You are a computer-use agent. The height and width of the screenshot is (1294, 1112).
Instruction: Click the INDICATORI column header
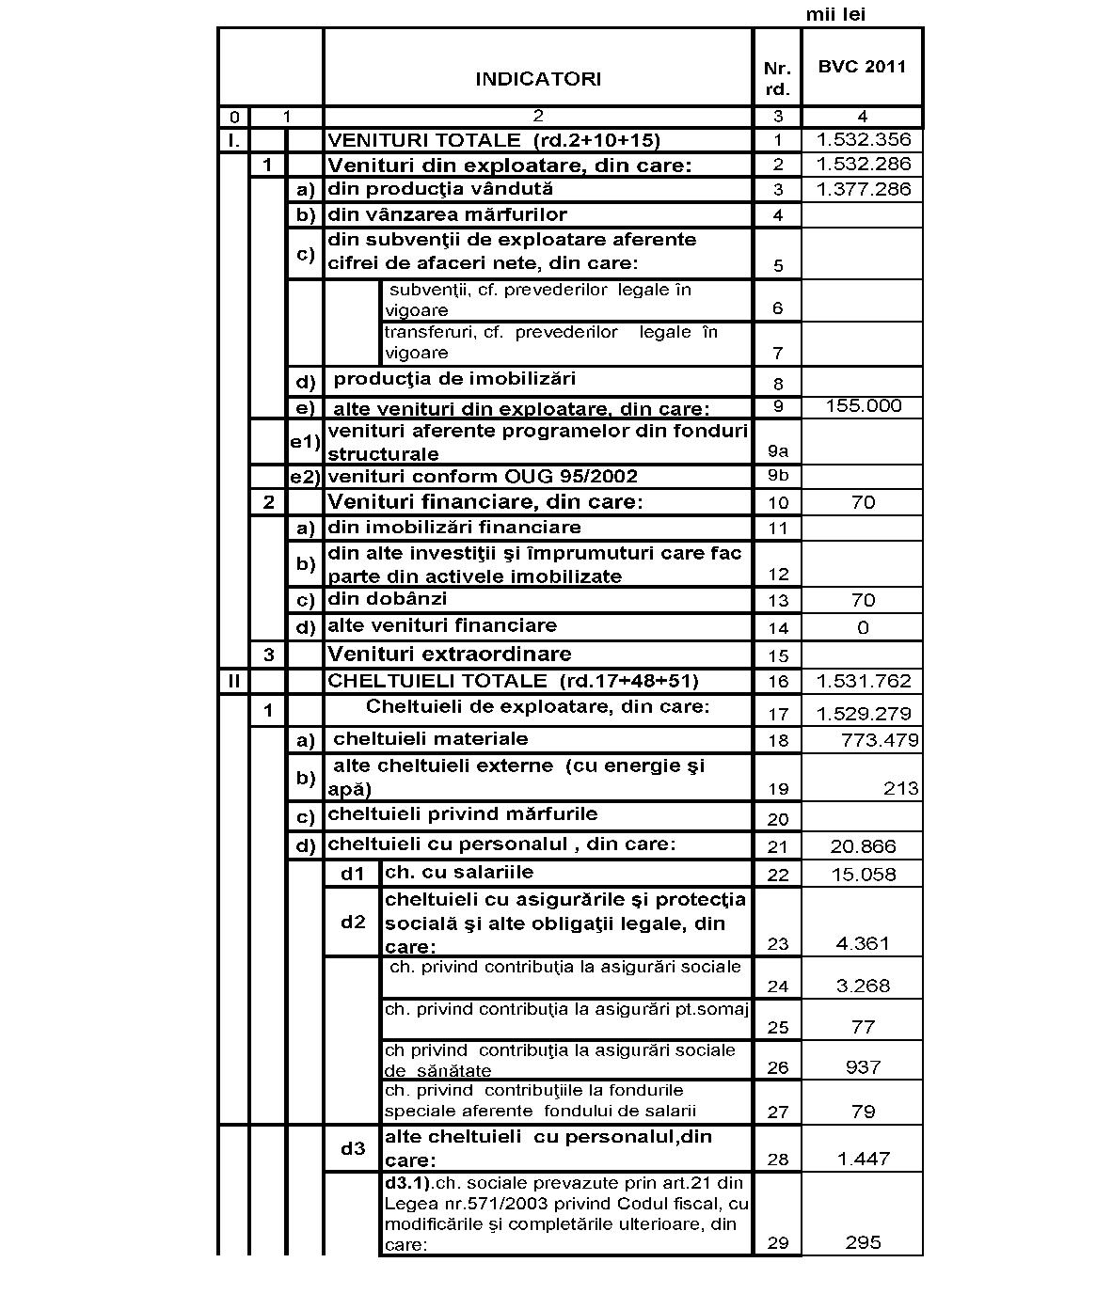537,79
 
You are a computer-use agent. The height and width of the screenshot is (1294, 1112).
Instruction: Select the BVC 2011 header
862,67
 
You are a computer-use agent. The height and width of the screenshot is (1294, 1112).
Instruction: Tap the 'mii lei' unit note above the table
835,14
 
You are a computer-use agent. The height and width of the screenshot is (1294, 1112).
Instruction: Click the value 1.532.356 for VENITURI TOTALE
863,139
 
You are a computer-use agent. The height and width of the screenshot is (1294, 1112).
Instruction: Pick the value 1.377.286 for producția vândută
863,189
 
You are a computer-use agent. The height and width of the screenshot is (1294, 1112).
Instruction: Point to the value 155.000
863,405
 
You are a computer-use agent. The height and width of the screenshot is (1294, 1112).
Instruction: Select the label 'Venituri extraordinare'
449,654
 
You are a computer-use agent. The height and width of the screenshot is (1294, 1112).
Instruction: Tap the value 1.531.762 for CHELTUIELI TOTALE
863,681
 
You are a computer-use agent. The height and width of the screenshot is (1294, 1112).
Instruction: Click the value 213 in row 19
900,788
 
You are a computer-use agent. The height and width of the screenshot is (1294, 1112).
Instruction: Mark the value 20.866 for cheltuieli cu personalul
863,846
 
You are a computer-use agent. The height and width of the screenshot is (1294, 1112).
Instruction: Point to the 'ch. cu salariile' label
459,872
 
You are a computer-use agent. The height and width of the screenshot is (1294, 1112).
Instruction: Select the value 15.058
863,875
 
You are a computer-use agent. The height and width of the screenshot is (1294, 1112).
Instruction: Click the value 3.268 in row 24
863,986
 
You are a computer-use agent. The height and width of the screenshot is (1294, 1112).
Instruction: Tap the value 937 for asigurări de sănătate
863,1067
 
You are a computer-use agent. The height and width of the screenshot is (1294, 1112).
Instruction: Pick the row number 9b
778,475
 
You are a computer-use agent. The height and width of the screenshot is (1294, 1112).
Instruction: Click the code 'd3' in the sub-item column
353,1148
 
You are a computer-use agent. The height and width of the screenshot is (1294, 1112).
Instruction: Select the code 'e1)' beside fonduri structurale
305,441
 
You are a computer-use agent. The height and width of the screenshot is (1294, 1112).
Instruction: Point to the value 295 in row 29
863,1242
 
